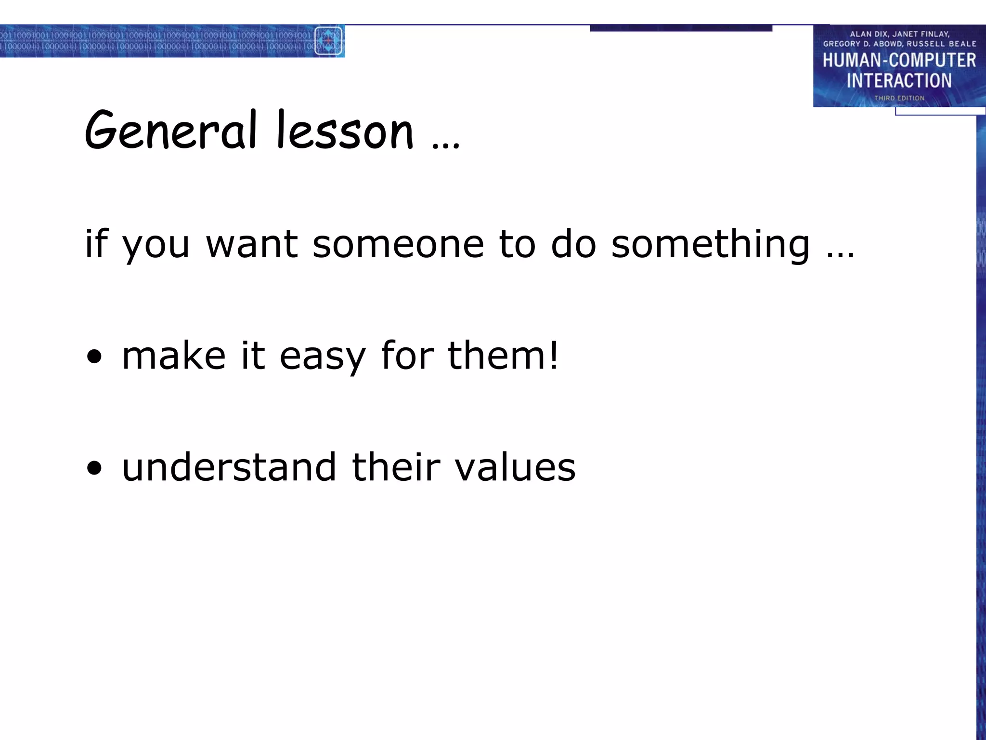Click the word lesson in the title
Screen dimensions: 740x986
[x=345, y=130]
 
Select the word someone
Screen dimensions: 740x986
[x=398, y=244]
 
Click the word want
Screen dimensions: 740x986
[x=252, y=244]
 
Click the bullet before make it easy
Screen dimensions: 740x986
[x=95, y=357]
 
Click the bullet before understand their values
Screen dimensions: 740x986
[x=95, y=467]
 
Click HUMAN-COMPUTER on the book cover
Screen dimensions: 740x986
[x=899, y=60]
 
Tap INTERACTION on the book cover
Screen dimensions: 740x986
[x=899, y=80]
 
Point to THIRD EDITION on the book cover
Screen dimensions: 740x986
[x=899, y=98]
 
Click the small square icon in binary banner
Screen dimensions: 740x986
[x=328, y=41]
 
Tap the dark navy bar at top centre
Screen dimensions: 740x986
[x=681, y=28]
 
